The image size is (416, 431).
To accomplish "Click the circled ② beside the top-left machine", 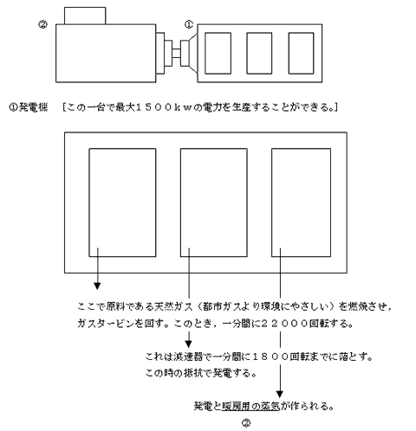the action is coord(42,25).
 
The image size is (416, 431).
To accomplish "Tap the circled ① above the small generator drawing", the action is coord(189,25).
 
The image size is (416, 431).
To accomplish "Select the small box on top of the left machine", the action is coord(85,16).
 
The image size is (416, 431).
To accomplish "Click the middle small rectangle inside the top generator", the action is coord(259,53).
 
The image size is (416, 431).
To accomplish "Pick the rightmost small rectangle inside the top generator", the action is coord(301,53).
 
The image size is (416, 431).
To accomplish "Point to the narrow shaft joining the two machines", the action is coord(176,53).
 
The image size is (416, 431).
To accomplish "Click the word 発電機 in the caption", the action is coord(33,107).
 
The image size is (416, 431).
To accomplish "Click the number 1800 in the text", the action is coord(270,357).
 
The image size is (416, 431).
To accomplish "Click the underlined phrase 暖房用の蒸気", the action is coord(250,407).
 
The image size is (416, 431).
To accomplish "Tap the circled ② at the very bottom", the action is coord(246,423).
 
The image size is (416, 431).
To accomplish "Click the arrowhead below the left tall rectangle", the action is coord(97,286).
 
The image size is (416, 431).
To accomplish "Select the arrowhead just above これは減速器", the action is coord(188,344).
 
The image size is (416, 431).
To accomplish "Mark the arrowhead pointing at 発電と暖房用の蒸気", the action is coord(279,394).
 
